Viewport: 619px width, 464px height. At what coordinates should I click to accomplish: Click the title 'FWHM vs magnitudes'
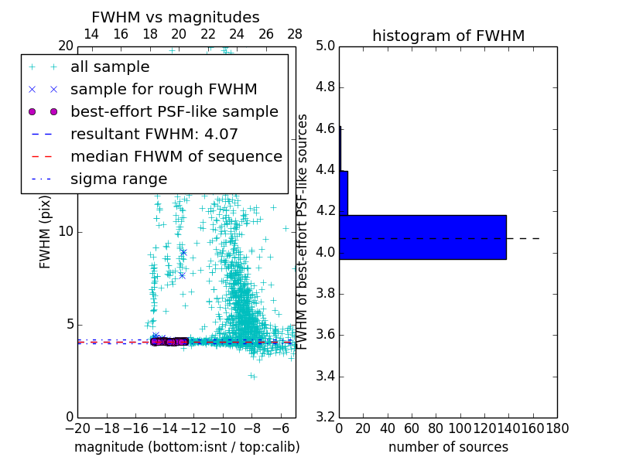tap(176, 18)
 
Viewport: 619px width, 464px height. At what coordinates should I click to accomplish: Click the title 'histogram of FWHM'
tap(449, 36)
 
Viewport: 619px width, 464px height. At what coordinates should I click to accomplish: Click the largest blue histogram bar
tap(422, 237)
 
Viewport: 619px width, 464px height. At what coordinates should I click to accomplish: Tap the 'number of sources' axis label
tap(448, 447)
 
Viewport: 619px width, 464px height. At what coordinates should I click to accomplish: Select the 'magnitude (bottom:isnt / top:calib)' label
tap(186, 447)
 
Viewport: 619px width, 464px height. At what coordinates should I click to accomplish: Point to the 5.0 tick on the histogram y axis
tap(326, 46)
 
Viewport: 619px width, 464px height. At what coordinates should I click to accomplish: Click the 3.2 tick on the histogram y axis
tap(326, 417)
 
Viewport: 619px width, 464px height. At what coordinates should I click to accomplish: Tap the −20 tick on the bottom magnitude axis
tap(77, 428)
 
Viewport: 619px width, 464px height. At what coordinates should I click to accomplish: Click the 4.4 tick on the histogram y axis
tap(326, 169)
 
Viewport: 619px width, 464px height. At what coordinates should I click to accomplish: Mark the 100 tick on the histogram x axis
tap(460, 428)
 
